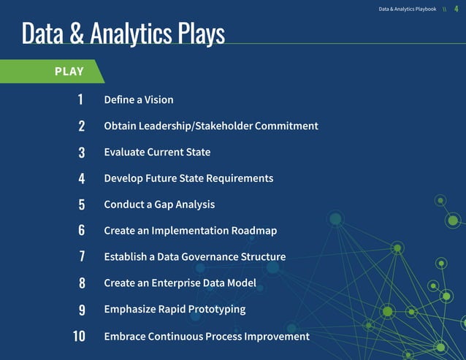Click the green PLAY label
(69, 72)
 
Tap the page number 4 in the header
(456, 9)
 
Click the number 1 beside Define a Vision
(80, 99)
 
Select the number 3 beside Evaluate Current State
(82, 153)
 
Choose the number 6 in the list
(82, 231)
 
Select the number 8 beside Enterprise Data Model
(82, 283)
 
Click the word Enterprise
(180, 283)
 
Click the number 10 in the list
(79, 337)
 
